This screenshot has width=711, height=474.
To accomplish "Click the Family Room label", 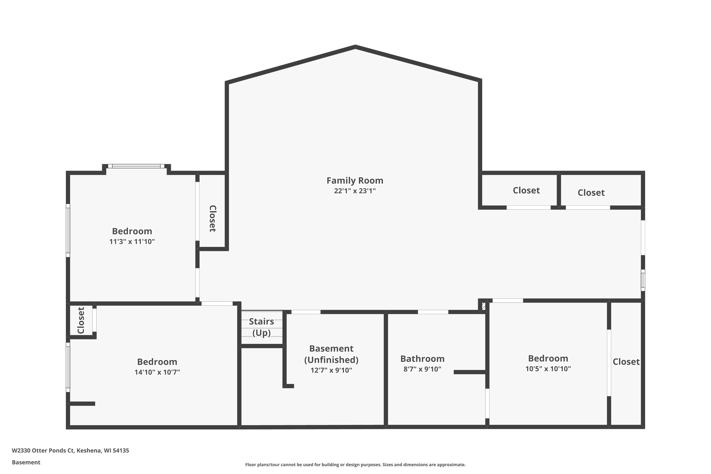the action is (355, 180).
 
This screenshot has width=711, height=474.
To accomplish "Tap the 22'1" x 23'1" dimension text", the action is (355, 191).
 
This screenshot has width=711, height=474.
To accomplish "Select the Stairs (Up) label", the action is (261, 327).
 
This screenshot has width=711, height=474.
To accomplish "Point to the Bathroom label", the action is (422, 359).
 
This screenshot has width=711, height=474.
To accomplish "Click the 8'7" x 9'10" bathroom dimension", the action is (422, 369).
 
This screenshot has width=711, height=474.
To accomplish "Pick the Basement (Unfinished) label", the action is (331, 354).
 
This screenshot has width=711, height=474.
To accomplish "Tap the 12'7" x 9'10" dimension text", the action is (331, 370).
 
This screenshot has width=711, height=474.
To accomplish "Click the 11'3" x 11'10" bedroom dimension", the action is (132, 242).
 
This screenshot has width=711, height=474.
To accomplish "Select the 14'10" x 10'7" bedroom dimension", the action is (157, 372).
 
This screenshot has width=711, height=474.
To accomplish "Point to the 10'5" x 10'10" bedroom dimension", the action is (548, 369).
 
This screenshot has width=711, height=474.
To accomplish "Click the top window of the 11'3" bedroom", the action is (136, 166).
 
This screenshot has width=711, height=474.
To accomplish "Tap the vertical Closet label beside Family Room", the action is (213, 219).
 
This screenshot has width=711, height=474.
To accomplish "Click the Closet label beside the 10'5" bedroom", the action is (626, 362).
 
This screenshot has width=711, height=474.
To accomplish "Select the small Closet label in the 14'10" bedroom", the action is (81, 320).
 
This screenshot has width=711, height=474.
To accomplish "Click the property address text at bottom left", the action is (70, 451).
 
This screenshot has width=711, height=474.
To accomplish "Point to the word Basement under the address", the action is (26, 462).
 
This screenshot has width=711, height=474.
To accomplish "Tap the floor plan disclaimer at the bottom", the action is (355, 465).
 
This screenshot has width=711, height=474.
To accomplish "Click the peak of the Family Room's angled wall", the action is (355, 46).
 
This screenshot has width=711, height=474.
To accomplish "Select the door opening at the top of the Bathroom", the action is (433, 312).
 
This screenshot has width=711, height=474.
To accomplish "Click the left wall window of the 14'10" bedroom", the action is (68, 367).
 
